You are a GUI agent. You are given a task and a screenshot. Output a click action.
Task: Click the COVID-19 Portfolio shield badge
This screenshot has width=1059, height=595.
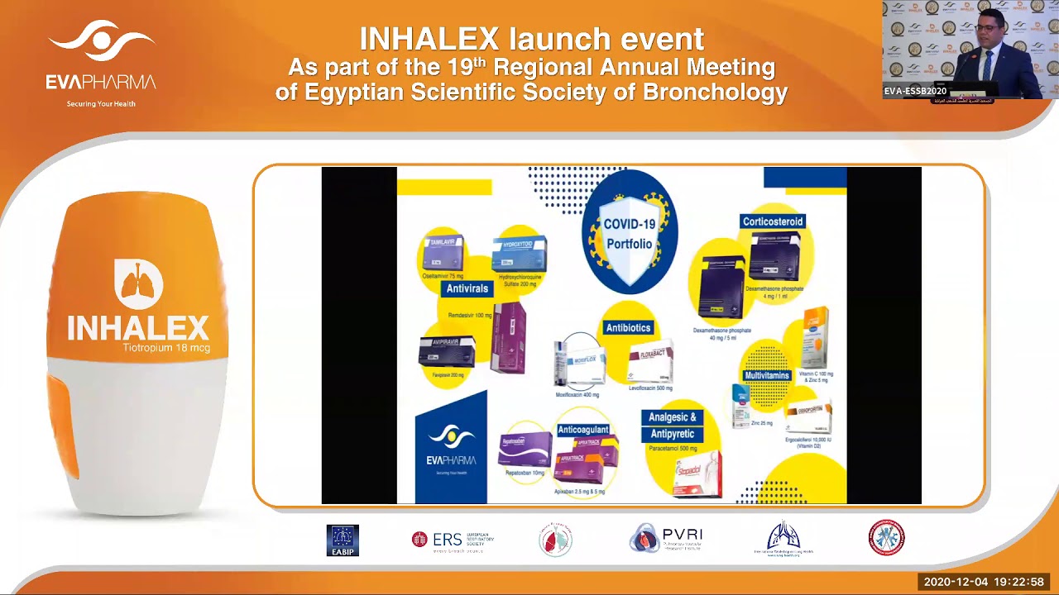coord(630,232)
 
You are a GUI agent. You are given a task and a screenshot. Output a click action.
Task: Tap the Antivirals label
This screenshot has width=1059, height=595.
coord(468,288)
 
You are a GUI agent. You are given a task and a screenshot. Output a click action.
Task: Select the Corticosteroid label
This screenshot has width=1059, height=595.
coord(773,221)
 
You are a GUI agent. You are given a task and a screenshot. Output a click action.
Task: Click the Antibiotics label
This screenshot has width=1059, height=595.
coord(628,328)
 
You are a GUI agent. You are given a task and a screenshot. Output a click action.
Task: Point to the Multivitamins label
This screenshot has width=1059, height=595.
coord(767,375)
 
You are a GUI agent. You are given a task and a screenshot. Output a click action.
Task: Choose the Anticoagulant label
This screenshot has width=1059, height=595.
coord(583,430)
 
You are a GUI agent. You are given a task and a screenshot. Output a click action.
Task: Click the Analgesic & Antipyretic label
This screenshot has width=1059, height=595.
coord(673,426)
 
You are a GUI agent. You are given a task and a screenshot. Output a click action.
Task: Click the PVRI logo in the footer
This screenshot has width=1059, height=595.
coord(666,539)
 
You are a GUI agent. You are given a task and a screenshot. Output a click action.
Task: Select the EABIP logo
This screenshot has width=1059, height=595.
coord(343,540)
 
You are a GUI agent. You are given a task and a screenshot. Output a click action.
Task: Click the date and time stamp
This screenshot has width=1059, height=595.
coord(984,582)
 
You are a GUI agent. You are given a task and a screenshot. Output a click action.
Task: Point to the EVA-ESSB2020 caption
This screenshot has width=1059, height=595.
coord(915,92)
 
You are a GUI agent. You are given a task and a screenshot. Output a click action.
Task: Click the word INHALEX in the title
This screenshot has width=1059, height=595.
coord(429,39)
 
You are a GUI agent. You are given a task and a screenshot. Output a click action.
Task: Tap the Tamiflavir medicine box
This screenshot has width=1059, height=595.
coord(443,253)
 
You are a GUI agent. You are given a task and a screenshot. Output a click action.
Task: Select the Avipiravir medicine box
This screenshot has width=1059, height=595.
coord(446,351)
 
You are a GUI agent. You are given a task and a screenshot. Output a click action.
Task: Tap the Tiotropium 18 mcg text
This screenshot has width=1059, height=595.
coord(166,348)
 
